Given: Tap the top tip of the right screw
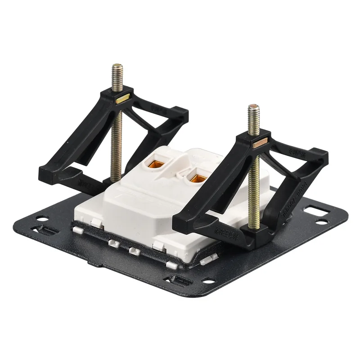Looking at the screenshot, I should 254,108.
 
